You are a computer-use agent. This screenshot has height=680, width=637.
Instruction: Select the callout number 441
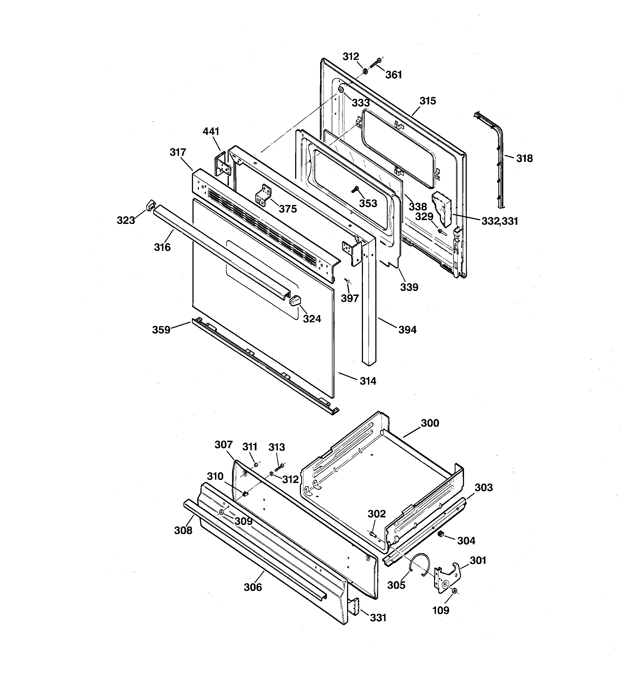(211, 131)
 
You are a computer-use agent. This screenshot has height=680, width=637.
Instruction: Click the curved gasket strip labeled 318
(498, 154)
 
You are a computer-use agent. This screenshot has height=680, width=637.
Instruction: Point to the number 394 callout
(407, 330)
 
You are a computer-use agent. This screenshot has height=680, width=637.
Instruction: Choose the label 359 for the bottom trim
(161, 330)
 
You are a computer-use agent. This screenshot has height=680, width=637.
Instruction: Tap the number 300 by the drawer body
(430, 423)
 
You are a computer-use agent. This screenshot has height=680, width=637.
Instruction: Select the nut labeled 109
(454, 591)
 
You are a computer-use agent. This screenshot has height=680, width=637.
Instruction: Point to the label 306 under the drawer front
(253, 587)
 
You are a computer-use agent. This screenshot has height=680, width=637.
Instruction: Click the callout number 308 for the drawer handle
(183, 530)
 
